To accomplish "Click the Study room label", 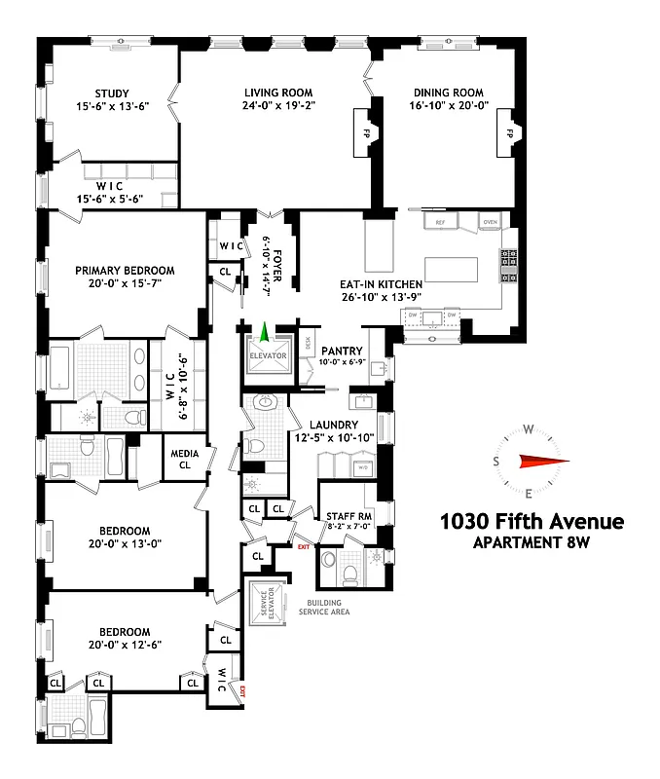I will click(x=111, y=93).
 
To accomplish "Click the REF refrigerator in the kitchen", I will click(x=440, y=223).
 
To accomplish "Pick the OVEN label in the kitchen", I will click(x=490, y=223).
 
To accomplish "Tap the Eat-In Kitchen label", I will click(x=381, y=284).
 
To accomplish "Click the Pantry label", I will click(x=341, y=351).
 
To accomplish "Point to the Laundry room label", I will click(x=335, y=425).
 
